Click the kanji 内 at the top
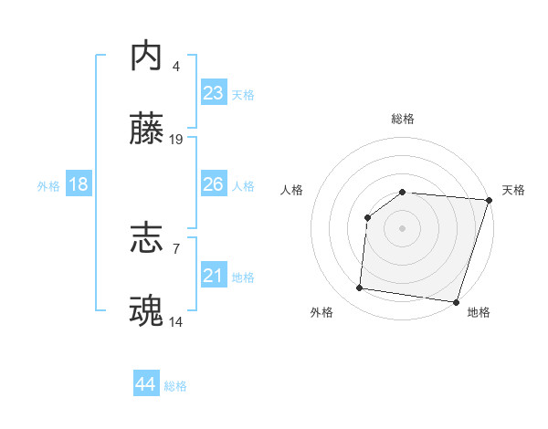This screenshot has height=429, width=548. pyautogui.click(x=148, y=57)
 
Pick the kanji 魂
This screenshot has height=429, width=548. pyautogui.click(x=148, y=312)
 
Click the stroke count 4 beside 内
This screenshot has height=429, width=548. pyautogui.click(x=176, y=66)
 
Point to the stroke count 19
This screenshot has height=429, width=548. pyautogui.click(x=176, y=140)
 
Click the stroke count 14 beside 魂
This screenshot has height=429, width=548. pyautogui.click(x=176, y=321)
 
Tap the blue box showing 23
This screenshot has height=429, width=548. pyautogui.click(x=213, y=93)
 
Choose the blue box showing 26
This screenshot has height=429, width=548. pyautogui.click(x=213, y=184)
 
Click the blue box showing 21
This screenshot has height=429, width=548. pyautogui.click(x=213, y=276)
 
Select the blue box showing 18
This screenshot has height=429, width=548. pyautogui.click(x=79, y=184)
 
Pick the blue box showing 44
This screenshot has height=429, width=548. pyautogui.click(x=145, y=384)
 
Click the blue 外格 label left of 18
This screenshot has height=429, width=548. pyautogui.click(x=48, y=186)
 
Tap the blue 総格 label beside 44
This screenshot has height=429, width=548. pyautogui.click(x=175, y=386)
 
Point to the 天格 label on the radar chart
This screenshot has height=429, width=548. pyautogui.click(x=513, y=190)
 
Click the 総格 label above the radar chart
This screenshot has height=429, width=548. pyautogui.click(x=402, y=119)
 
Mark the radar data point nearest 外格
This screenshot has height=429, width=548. pyautogui.click(x=360, y=288)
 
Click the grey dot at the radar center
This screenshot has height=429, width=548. pyautogui.click(x=402, y=228)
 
